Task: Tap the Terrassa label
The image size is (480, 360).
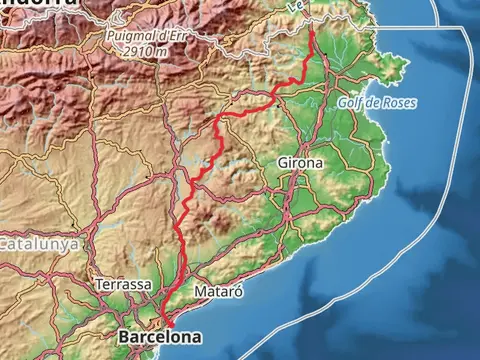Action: pos(123,285)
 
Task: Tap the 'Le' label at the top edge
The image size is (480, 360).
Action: pos(295,5)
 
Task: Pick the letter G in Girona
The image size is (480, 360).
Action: pos(281,161)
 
